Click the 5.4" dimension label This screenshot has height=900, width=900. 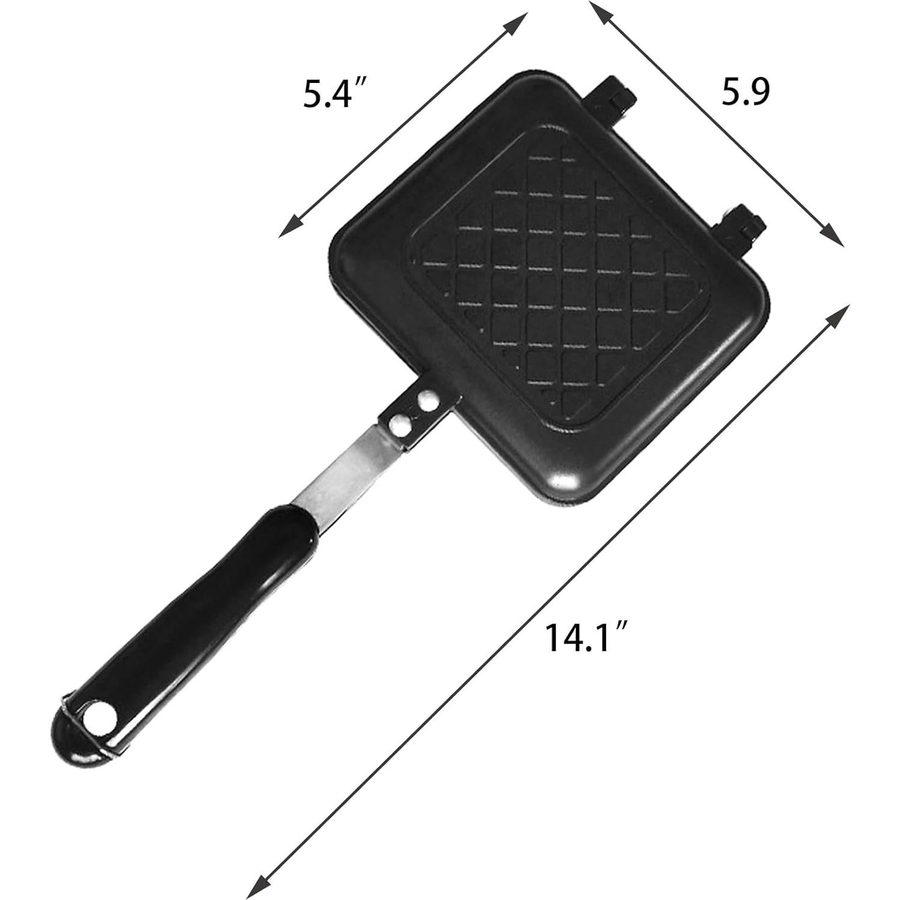click(335, 94)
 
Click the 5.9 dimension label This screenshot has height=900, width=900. click(745, 91)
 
